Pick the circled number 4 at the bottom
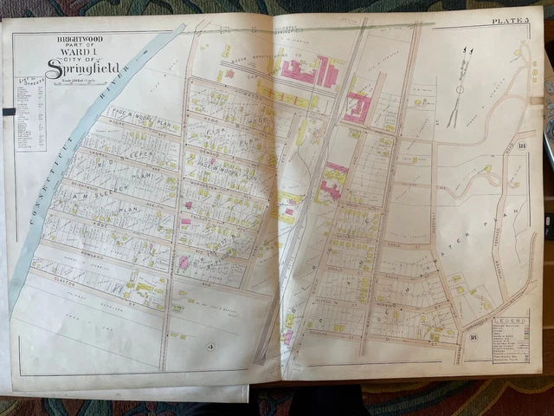[209, 348]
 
